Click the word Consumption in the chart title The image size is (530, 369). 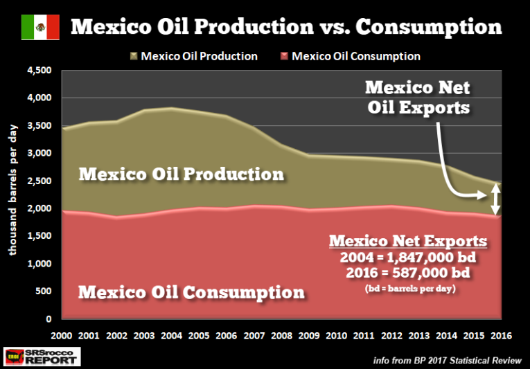[433, 26]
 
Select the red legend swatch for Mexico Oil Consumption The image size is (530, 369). [285, 56]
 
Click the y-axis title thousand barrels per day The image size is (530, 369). [13, 195]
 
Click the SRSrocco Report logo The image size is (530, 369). [42, 356]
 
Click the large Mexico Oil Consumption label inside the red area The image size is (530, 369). [191, 291]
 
